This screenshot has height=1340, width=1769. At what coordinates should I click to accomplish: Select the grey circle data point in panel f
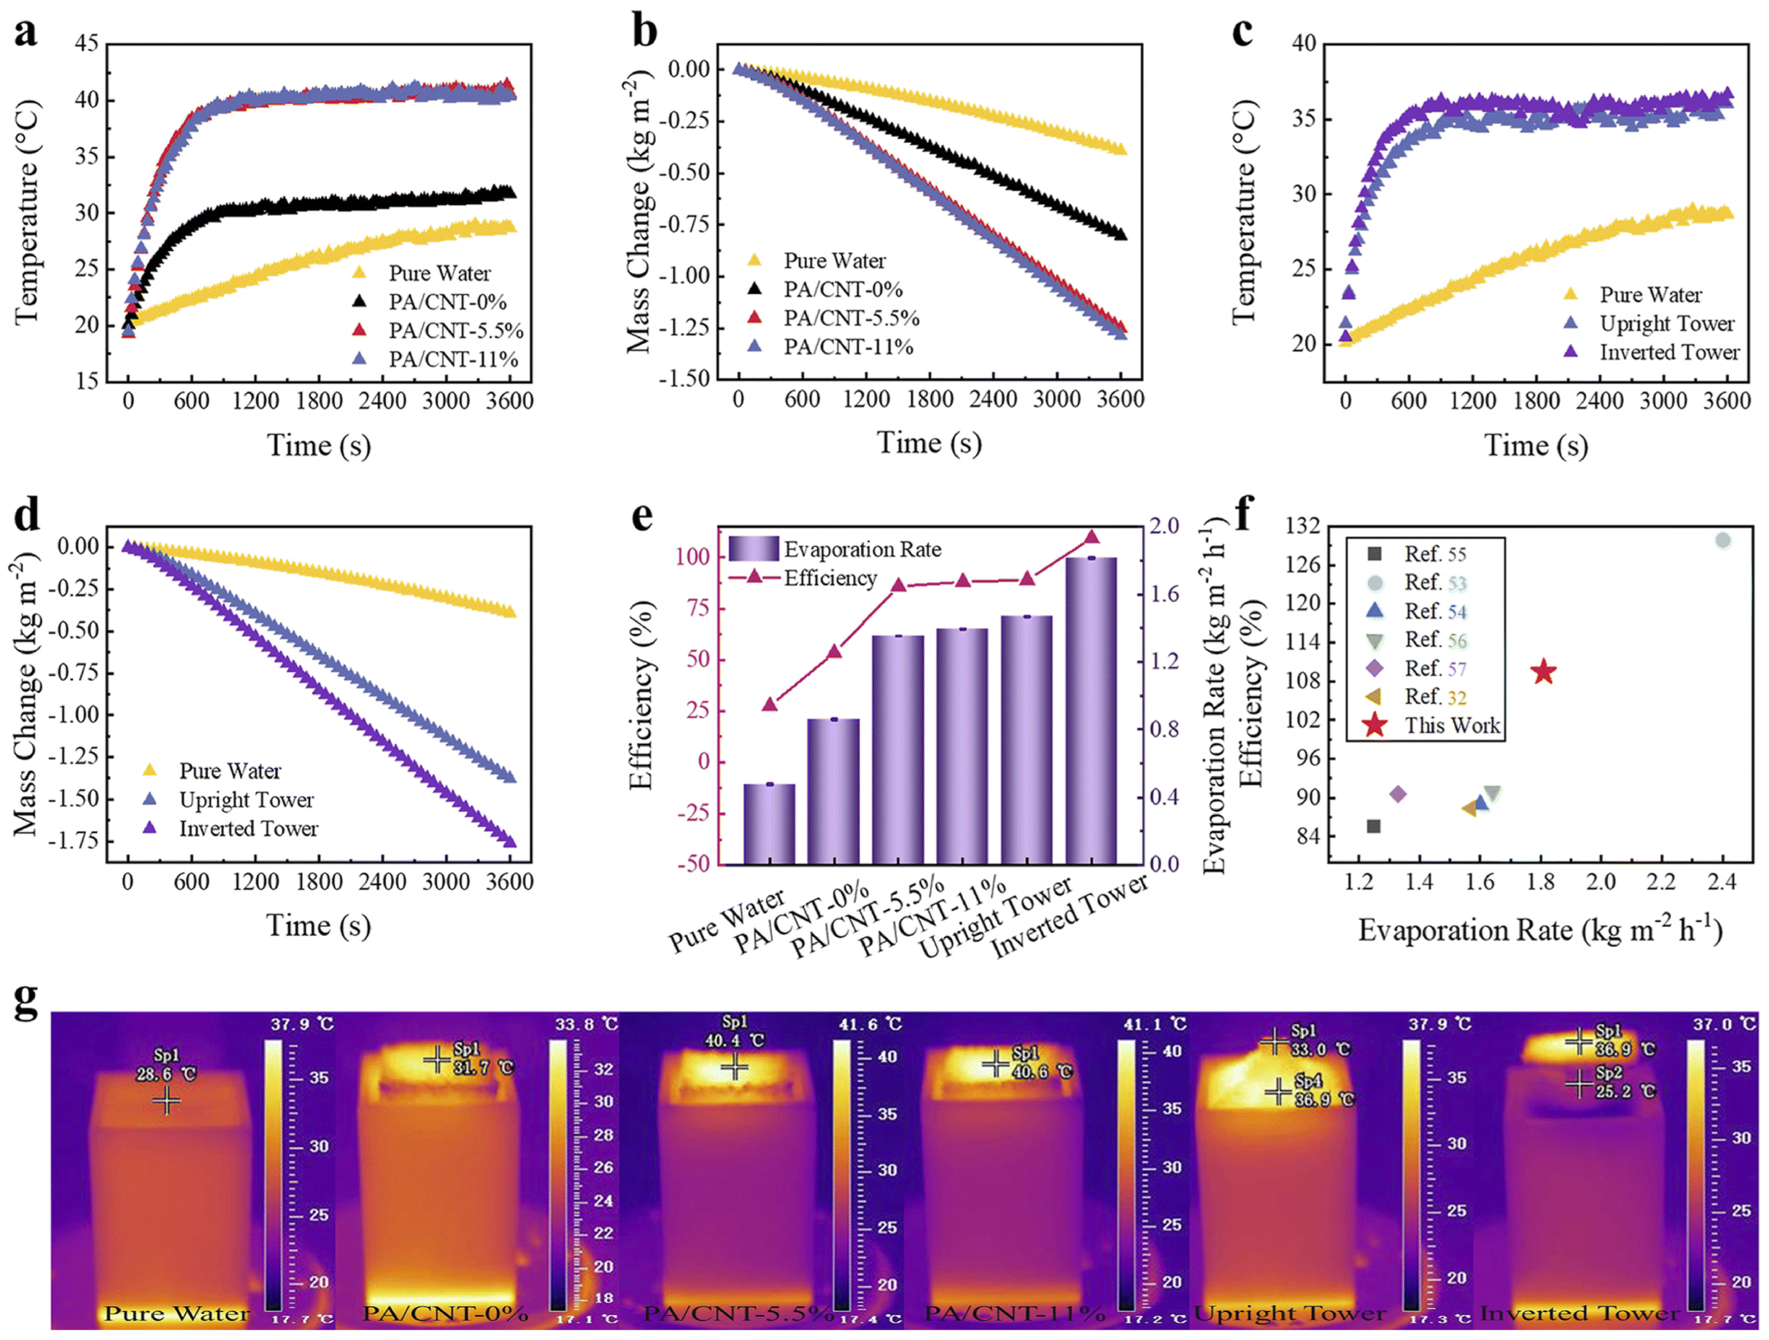pos(1723,541)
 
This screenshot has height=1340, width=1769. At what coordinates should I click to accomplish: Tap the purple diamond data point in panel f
pos(1398,794)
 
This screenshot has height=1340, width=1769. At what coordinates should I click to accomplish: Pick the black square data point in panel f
pos(1374,826)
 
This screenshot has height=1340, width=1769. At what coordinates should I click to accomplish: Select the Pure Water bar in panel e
pos(770,823)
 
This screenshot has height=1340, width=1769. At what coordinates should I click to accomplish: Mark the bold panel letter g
pos(26,1001)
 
